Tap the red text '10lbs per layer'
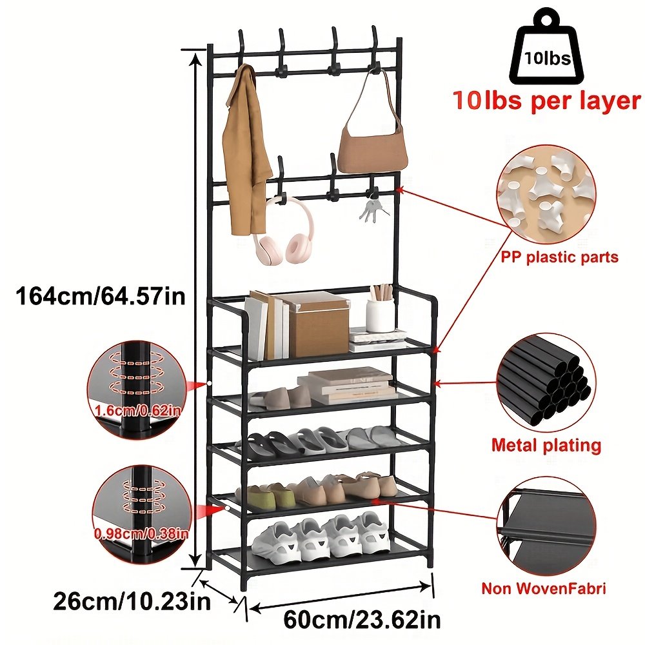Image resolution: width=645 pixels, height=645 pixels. pyautogui.click(x=546, y=101)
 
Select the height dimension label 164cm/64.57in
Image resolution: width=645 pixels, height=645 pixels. pyautogui.click(x=101, y=296)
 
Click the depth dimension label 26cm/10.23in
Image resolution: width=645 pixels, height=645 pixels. pyautogui.click(x=132, y=601)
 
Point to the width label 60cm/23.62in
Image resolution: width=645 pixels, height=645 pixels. pyautogui.click(x=362, y=619)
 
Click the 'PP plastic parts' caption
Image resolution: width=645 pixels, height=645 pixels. pyautogui.click(x=559, y=257)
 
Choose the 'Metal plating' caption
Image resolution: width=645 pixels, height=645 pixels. pyautogui.click(x=546, y=445)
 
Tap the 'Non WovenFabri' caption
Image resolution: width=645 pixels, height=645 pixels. pyautogui.click(x=544, y=588)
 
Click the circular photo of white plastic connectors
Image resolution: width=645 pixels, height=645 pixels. pyautogui.click(x=546, y=195)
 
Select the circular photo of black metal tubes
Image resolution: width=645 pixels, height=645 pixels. pyautogui.click(x=546, y=383)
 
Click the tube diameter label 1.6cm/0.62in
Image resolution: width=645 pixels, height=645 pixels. pyautogui.click(x=137, y=410)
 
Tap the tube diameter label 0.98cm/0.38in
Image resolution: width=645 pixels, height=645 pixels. pyautogui.click(x=141, y=533)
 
